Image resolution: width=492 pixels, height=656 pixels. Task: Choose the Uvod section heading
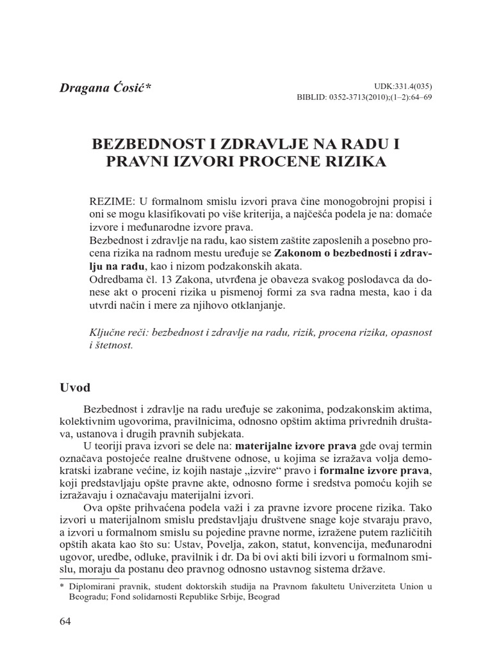(75, 388)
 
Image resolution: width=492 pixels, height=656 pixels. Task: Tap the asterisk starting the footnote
(61, 586)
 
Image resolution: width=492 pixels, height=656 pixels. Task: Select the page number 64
(65, 621)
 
